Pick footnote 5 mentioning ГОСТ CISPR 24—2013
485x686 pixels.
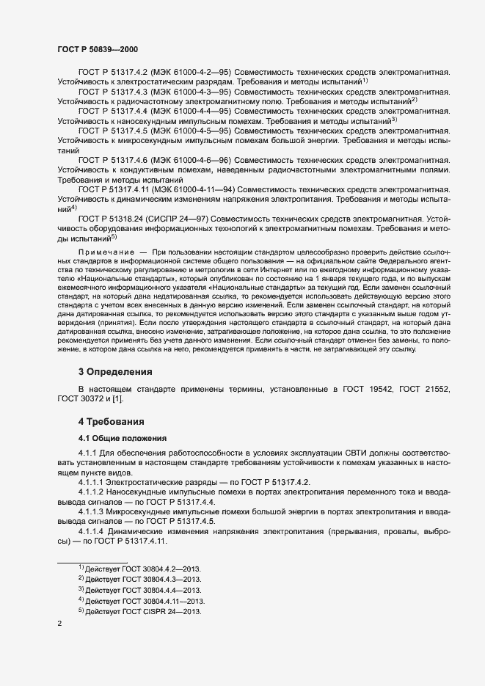coord(142,611)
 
